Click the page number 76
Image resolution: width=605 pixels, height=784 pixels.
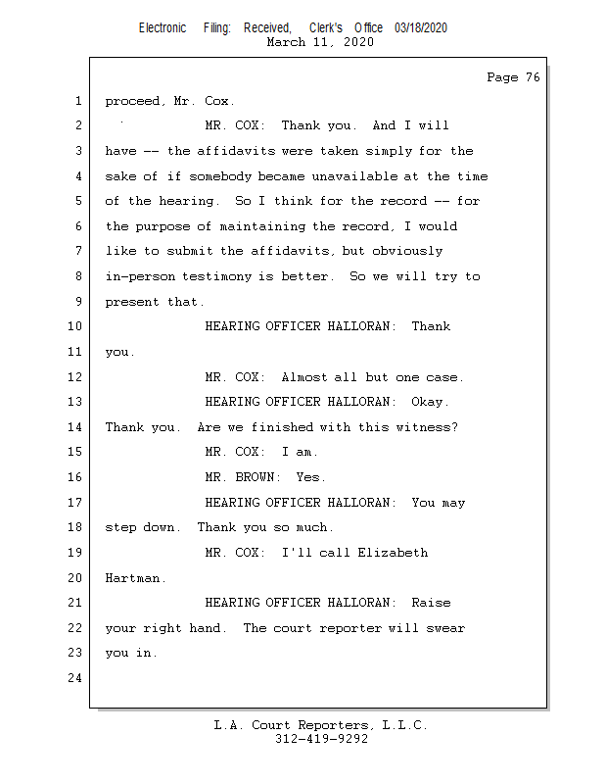533,77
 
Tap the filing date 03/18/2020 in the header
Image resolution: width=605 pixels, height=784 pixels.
421,28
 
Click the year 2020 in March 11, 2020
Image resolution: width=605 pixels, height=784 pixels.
358,42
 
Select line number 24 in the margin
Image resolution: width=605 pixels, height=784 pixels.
75,678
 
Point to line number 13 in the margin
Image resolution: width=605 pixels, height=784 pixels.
75,402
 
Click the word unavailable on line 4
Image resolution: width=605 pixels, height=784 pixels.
354,176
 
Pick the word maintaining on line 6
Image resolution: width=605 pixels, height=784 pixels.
262,226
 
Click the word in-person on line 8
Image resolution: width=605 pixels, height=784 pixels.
140,276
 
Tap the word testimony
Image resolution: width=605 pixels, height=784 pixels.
216,276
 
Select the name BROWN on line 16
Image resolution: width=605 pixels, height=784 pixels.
255,477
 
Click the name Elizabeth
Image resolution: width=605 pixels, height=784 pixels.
393,553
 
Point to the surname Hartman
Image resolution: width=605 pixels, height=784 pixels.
133,578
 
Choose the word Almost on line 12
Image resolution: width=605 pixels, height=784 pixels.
303,377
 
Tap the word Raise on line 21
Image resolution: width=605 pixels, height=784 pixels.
431,603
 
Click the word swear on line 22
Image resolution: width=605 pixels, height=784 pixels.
445,628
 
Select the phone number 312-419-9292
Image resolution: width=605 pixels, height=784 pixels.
321,739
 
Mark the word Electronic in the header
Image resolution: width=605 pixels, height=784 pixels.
163,28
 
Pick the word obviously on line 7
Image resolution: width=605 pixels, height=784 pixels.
407,251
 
